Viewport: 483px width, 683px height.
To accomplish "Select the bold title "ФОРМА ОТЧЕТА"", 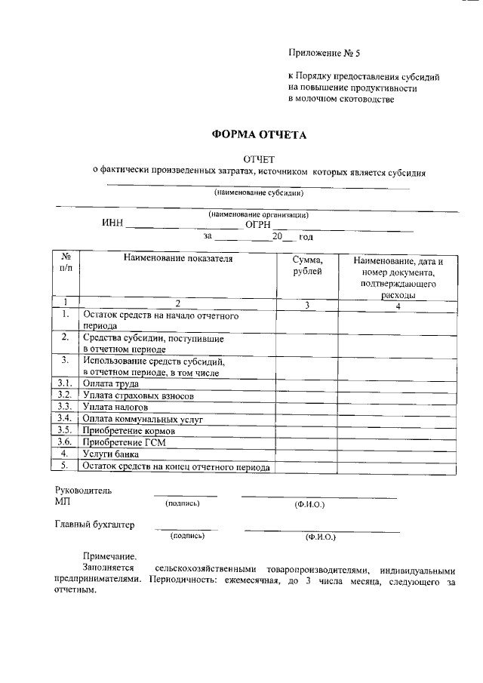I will pos(259,135).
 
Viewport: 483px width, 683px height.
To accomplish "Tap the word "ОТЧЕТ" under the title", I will pos(259,159).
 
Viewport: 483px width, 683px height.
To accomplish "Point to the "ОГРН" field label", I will pos(258,224).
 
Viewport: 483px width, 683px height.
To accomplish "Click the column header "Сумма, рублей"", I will pos(307,266).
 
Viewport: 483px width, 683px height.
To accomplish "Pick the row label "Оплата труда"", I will pos(111,383).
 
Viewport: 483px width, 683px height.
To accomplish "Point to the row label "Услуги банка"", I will pos(112,454).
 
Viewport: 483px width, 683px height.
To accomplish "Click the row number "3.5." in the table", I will pos(65,429).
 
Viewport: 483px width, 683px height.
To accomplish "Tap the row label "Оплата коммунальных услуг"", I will pos(143,418).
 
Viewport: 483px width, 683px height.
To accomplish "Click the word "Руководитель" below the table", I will pos(83,491).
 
